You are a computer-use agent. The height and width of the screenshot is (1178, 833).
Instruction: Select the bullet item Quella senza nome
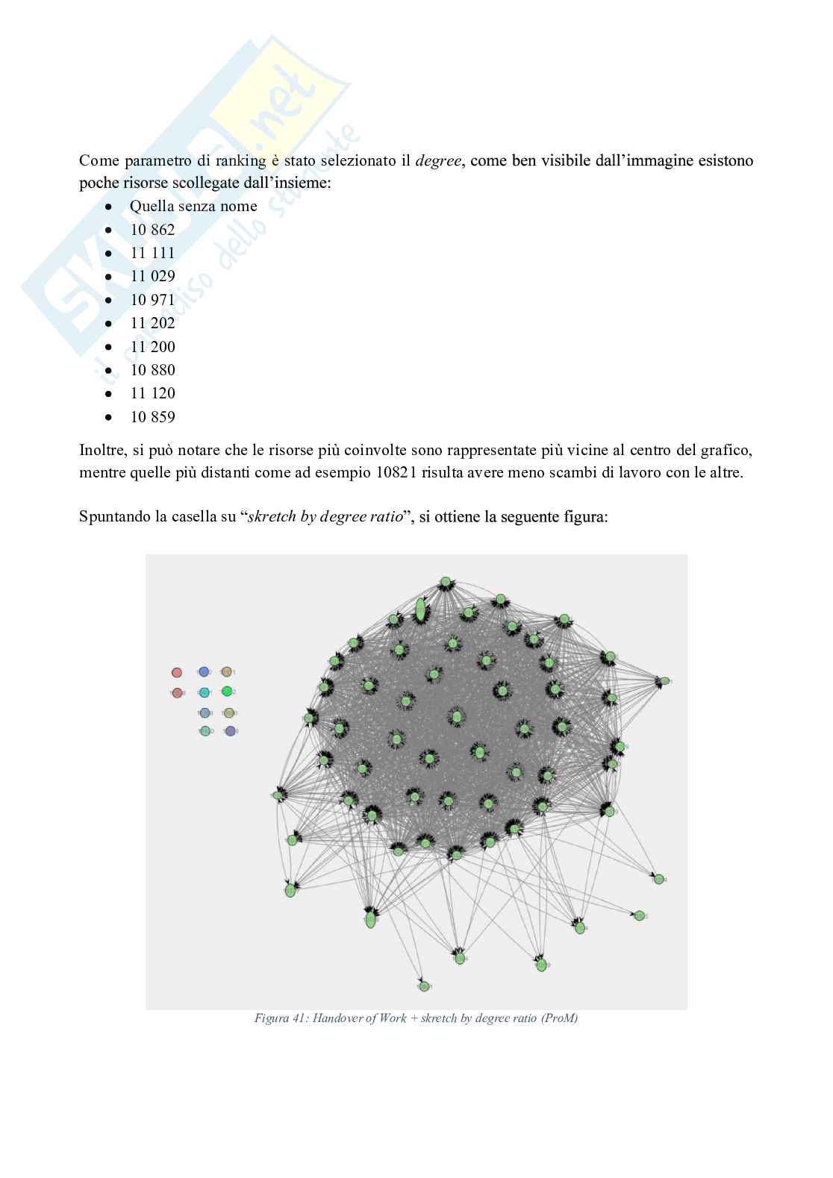point(193,206)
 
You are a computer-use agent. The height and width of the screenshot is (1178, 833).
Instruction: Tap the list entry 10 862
point(152,230)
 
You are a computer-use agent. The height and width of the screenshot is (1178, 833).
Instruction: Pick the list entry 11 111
point(152,253)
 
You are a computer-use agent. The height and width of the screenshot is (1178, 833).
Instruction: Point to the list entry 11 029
point(152,276)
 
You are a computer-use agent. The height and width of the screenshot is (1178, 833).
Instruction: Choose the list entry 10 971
point(152,300)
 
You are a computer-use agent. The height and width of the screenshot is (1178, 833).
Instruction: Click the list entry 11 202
point(152,323)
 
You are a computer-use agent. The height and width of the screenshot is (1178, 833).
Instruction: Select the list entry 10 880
point(152,370)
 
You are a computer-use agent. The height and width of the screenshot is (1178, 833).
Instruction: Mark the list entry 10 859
point(152,417)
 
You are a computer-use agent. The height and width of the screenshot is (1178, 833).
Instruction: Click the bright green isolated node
point(228,692)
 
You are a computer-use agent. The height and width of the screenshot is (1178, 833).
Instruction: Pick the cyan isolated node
point(205,692)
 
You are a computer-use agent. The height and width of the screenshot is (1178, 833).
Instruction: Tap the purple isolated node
point(230,731)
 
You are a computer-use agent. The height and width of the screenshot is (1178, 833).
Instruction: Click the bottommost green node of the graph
point(424,986)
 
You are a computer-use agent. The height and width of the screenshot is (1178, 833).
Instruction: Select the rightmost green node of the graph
point(664,681)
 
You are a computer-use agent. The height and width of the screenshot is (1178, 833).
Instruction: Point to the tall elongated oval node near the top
point(420,609)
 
